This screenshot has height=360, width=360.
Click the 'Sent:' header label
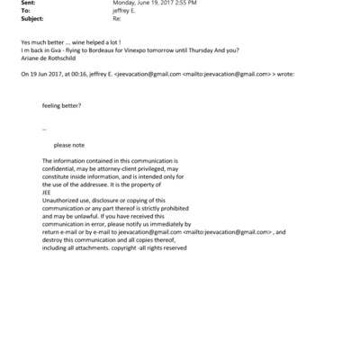point(25,4)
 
